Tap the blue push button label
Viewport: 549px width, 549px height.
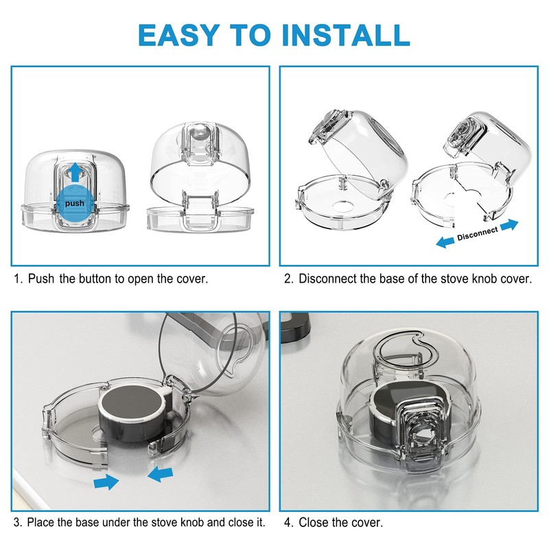pyautogui.click(x=75, y=204)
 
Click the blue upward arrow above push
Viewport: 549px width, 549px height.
pyautogui.click(x=75, y=172)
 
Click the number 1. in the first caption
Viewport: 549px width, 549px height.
pyautogui.click(x=19, y=279)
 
